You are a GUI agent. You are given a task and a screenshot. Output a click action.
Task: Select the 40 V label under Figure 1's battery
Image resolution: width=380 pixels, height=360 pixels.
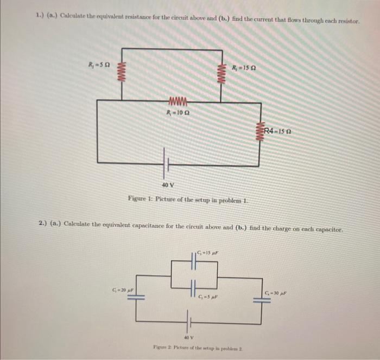(167, 185)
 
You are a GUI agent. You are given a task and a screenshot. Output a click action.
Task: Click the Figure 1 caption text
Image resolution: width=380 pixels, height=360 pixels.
(188, 198)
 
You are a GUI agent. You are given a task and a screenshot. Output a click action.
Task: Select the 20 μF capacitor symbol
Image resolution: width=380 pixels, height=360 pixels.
(136, 298)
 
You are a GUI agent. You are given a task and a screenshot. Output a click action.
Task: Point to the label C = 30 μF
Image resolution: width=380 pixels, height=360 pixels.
(277, 293)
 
